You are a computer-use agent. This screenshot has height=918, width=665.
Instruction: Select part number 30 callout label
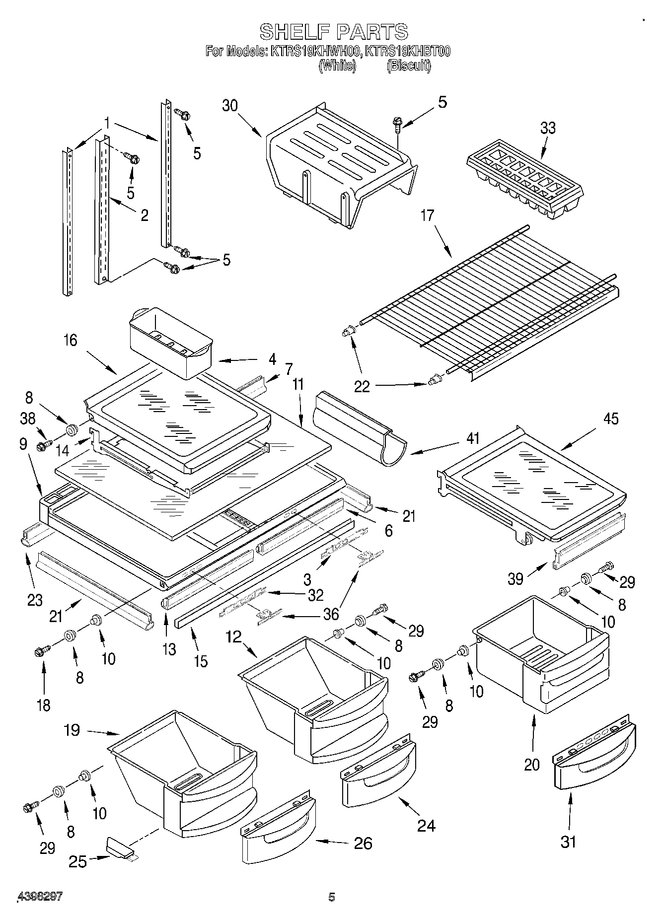tap(230, 106)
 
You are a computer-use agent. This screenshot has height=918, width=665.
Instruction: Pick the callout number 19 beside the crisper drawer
tap(72, 730)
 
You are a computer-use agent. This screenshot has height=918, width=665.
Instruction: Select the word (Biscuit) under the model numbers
tap(409, 66)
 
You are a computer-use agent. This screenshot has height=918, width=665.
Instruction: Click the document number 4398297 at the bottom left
tap(40, 897)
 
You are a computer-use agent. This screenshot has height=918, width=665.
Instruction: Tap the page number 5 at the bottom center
tap(332, 897)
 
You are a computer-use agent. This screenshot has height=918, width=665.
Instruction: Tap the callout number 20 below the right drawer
tap(531, 764)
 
